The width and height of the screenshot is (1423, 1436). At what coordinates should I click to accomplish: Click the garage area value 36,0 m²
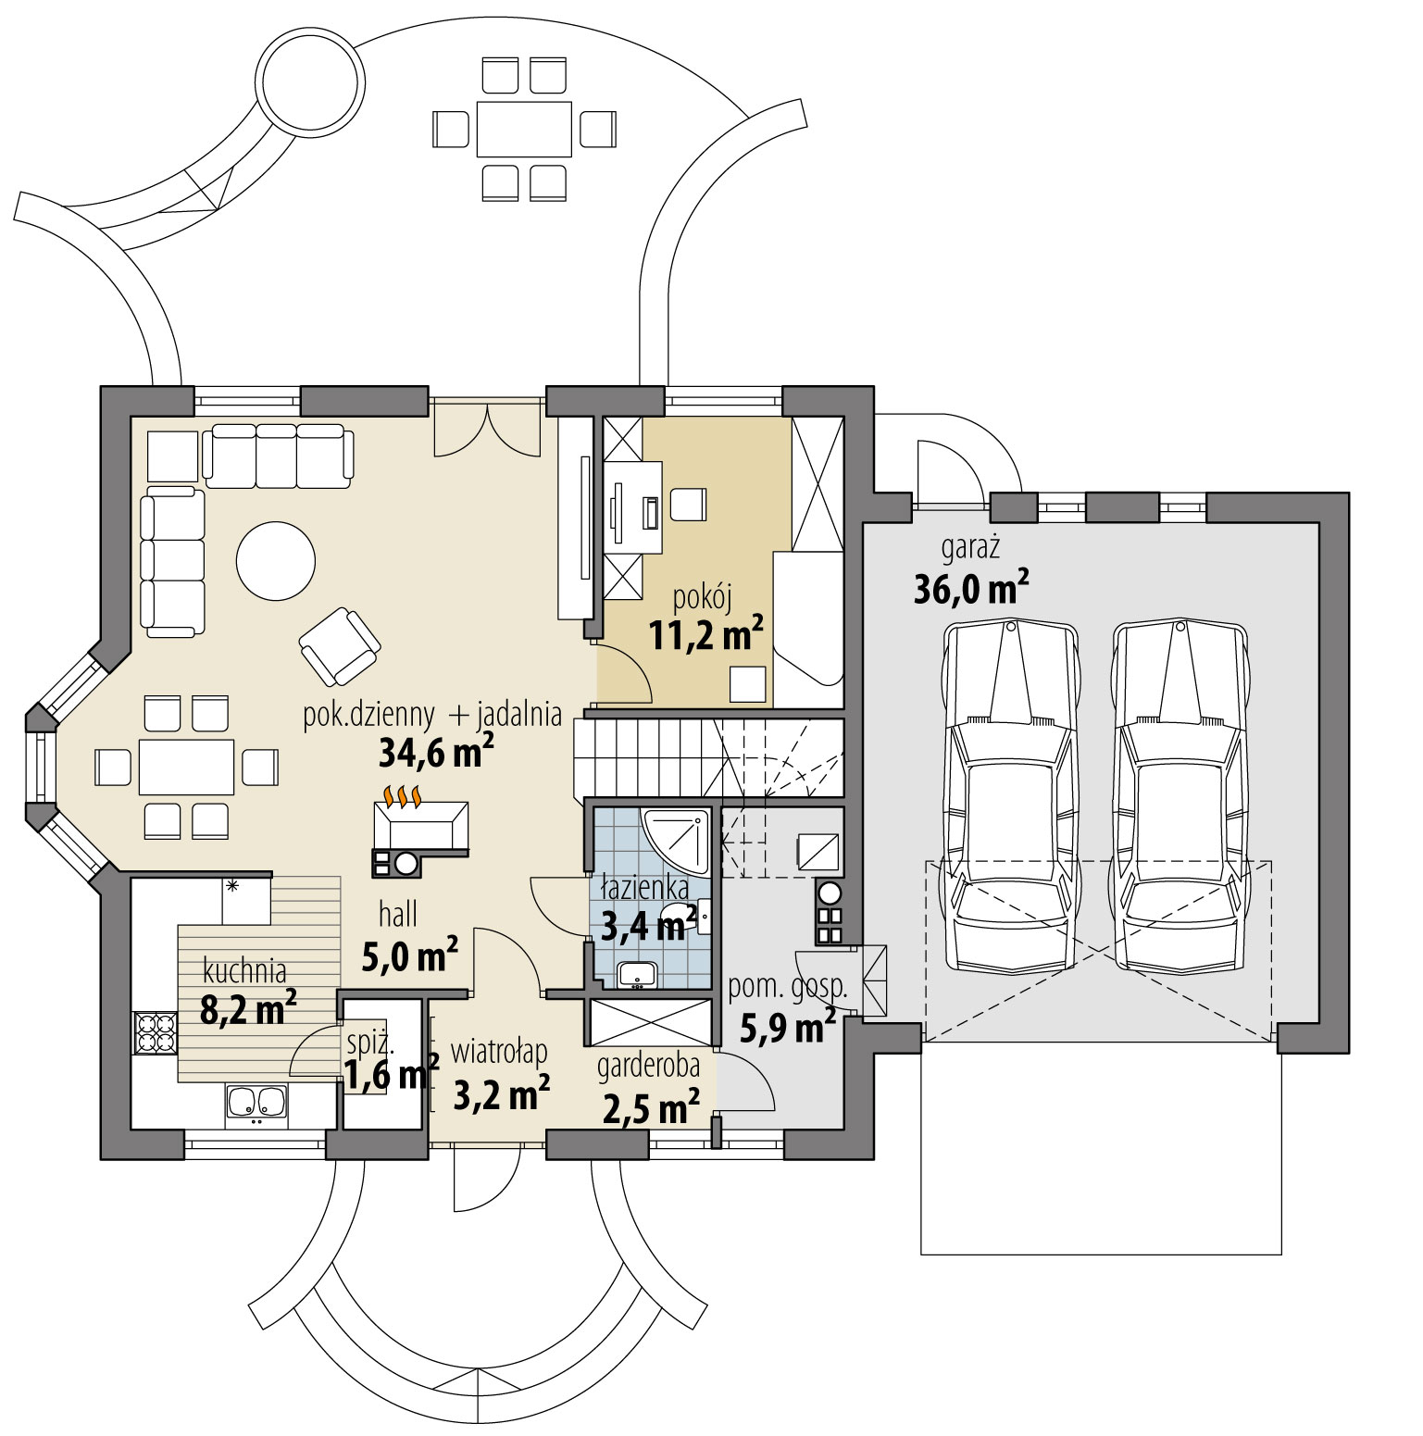pos(971,589)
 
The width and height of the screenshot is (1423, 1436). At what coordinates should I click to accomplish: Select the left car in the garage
pos(1010,796)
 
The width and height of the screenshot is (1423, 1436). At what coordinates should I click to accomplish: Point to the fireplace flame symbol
pos(404,795)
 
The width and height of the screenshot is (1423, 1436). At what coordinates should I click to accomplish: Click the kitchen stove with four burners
pos(156,1033)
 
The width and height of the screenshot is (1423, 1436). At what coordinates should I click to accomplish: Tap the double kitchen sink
pos(256,1102)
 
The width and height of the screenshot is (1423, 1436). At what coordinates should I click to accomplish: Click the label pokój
pos(704,601)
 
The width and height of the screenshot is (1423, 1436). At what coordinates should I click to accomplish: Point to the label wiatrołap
pos(499,1052)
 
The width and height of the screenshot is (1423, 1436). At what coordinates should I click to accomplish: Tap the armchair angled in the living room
pos(339,644)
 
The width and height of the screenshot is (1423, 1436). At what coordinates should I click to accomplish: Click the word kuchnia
pos(244,971)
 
